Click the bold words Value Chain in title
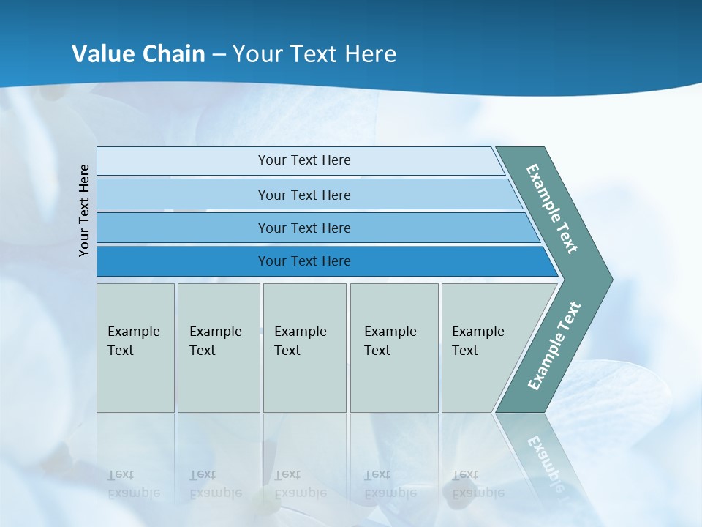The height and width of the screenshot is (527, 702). click(138, 54)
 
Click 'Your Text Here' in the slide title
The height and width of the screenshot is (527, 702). click(314, 54)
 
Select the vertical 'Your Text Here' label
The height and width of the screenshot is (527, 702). click(84, 210)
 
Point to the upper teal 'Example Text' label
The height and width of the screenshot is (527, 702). click(552, 209)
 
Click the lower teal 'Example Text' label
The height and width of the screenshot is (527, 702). click(554, 345)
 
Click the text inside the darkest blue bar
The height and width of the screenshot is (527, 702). click(304, 261)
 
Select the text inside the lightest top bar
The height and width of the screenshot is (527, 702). click(304, 160)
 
